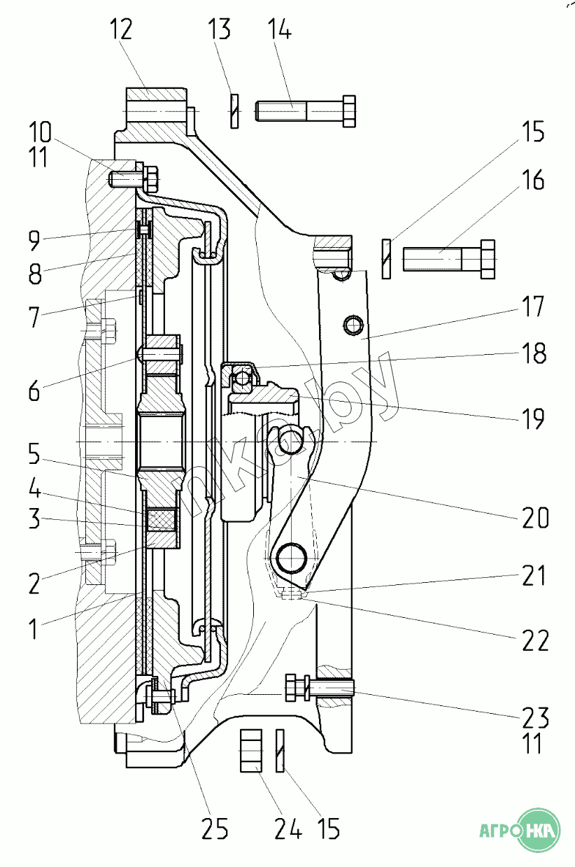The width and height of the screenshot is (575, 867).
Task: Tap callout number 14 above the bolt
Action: (279, 31)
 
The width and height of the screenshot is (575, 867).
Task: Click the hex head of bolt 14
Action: (347, 111)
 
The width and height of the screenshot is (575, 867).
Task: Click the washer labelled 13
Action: (234, 111)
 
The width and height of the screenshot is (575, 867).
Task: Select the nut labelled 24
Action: (250, 750)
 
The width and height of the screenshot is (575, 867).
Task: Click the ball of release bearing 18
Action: (242, 379)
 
